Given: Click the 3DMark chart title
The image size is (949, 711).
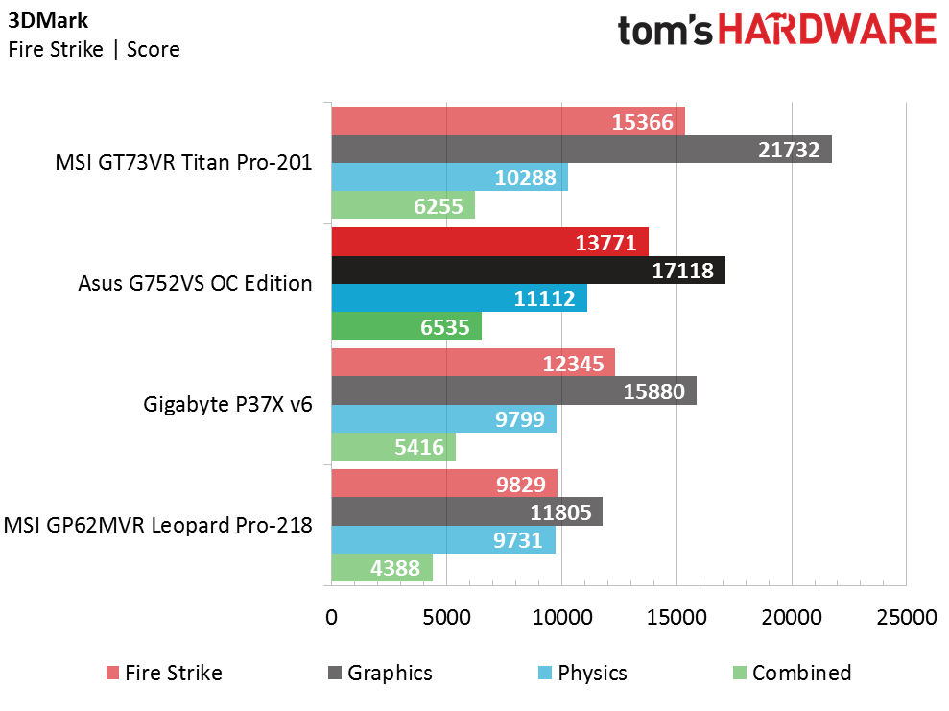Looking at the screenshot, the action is [48, 20].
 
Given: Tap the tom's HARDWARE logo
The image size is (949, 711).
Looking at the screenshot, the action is [777, 31].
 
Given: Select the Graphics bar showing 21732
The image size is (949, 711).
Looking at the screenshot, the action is [581, 150].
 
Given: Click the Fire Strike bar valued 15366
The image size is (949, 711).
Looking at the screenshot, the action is [509, 121].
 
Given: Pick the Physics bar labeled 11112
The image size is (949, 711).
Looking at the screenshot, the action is [460, 297].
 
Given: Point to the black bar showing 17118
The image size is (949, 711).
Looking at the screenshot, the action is [529, 270].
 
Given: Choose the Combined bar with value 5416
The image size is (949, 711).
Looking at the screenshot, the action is [393, 446].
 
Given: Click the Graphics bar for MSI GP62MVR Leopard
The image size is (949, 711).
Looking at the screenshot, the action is [467, 511].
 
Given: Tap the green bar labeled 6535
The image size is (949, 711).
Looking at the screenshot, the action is [407, 326].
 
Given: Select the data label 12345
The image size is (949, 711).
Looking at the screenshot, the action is [573, 364].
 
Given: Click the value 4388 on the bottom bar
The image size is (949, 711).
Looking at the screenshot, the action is [395, 568].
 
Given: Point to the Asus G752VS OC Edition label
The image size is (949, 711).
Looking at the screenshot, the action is [195, 283].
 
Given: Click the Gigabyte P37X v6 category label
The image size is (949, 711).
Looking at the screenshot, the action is [227, 404].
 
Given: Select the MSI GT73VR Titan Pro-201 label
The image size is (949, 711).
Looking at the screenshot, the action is [183, 162].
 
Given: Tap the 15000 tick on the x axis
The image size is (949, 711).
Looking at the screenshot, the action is [676, 617].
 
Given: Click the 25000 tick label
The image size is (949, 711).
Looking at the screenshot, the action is [907, 617].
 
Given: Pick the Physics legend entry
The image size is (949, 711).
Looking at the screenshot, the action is [582, 673].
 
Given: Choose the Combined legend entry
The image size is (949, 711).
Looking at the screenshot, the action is [793, 673].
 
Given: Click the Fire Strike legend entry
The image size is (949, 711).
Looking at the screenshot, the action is [164, 673].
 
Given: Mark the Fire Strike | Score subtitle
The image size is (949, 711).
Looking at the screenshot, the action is [94, 49].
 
